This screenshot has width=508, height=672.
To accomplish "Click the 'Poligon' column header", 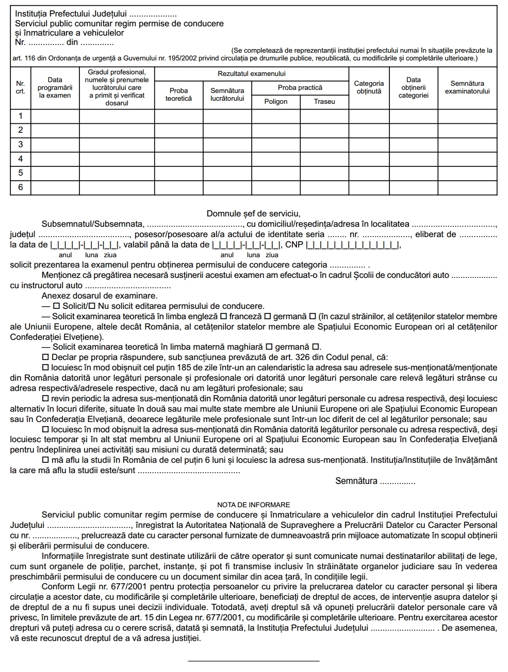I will pyautogui.click(x=275, y=102).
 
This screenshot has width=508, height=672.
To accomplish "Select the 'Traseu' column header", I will pyautogui.click(x=324, y=102).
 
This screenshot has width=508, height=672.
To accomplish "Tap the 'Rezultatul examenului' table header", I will pyautogui.click(x=252, y=74).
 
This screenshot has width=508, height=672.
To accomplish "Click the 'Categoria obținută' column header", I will pyautogui.click(x=369, y=87).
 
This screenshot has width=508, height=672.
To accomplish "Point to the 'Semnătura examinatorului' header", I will pyautogui.click(x=467, y=87).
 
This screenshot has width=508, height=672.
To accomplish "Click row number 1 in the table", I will pyautogui.click(x=21, y=116).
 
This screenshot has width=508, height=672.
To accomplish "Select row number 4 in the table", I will pyautogui.click(x=21, y=159).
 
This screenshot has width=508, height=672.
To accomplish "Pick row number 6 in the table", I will pyautogui.click(x=21, y=187).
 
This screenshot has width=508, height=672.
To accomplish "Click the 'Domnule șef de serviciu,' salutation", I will pyautogui.click(x=253, y=213).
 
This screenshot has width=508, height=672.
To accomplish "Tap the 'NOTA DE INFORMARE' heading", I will pyautogui.click(x=254, y=505).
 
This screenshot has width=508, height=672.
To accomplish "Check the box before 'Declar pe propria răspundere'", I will pyautogui.click(x=45, y=357).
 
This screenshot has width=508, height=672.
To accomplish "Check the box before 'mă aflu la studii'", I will pyautogui.click(x=45, y=460).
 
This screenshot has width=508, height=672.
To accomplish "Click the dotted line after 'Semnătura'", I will pyautogui.click(x=397, y=482).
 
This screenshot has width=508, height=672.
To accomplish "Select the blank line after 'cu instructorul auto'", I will pyautogui.click(x=127, y=286).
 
